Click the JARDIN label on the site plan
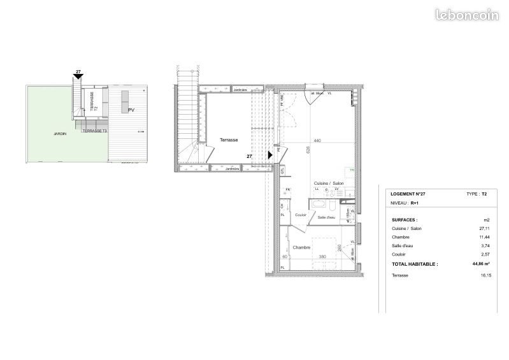point(43,135)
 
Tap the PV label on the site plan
point(132,110)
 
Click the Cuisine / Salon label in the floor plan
point(328,184)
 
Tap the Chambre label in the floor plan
point(302,247)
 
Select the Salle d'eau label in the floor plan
point(327,217)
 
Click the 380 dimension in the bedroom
point(322,257)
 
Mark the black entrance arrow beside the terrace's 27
point(270,154)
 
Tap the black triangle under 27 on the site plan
point(78,78)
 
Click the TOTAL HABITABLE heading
point(415,263)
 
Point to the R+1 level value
point(415,203)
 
